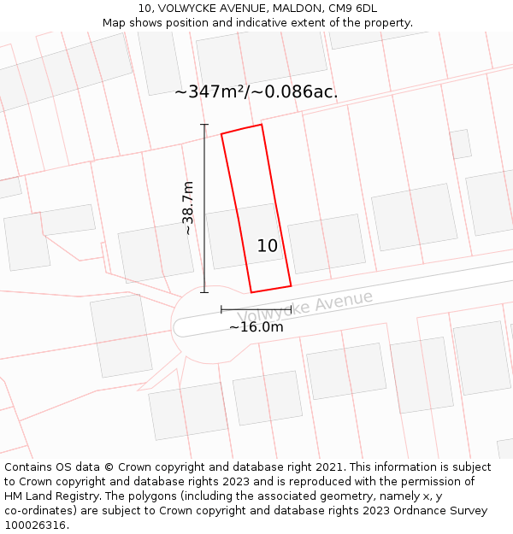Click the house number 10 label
click(x=268, y=246)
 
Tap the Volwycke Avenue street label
click(x=305, y=305)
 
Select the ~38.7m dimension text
click(x=188, y=208)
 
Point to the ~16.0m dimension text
click(x=256, y=326)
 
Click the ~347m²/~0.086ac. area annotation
click(x=256, y=91)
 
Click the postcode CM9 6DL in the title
click(x=353, y=9)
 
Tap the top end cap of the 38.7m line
click(x=204, y=125)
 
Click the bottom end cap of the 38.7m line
click(x=204, y=292)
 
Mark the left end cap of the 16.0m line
click(x=221, y=309)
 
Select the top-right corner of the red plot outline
click(x=262, y=125)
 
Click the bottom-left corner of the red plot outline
click(x=251, y=292)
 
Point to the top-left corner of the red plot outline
click(x=221, y=134)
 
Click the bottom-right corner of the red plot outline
click(x=291, y=285)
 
